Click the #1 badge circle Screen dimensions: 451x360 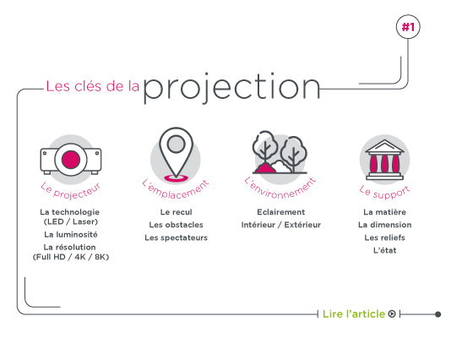408,27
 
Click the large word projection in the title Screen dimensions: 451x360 231,88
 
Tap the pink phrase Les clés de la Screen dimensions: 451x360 93,86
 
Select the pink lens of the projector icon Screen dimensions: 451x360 71,160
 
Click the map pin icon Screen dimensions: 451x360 176,155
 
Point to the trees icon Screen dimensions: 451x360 280,152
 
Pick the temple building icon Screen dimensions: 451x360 384,160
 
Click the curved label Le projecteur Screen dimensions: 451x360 71,190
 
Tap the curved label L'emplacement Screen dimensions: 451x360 176,189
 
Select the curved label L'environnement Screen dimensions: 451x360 280,188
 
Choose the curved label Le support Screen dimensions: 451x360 384,192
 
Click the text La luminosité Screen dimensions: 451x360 71,235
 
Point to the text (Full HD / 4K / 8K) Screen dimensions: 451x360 71,257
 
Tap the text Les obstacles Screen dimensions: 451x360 176,225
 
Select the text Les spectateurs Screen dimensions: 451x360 176,237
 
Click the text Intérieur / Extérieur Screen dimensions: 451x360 280,225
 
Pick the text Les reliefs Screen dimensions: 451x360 384,237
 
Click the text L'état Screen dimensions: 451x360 384,250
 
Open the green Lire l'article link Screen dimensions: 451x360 354,314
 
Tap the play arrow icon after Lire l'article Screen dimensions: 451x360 392,314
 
